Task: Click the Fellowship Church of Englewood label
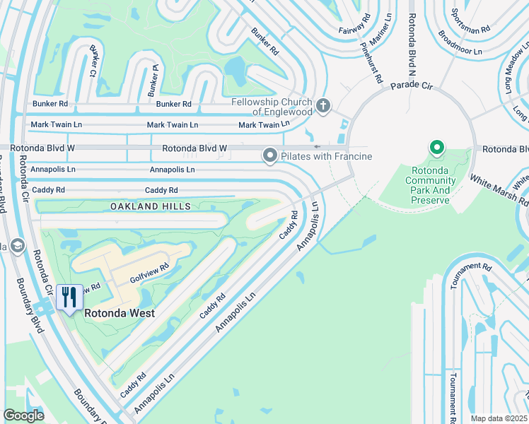(x=272, y=107)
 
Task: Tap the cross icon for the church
(x=323, y=107)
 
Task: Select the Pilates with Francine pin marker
(x=269, y=155)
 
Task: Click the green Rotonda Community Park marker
(x=437, y=148)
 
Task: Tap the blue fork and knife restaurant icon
(x=69, y=297)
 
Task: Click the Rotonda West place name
(x=120, y=312)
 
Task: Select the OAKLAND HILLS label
(x=150, y=206)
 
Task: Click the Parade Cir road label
(x=411, y=86)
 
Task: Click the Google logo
(x=23, y=415)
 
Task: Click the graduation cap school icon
(x=17, y=246)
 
